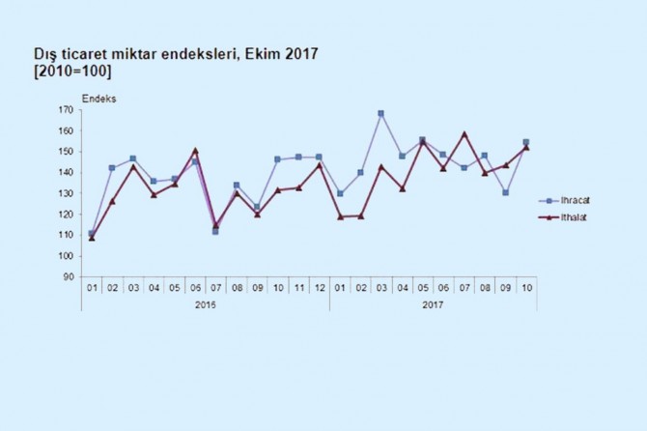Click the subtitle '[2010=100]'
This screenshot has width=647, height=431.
tap(71, 72)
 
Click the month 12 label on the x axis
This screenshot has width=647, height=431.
tap(319, 288)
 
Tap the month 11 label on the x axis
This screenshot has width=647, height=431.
tap(298, 288)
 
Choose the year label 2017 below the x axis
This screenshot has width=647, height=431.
tap(433, 304)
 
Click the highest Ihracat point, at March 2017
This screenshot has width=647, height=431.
tap(381, 114)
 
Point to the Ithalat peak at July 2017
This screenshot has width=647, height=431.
tap(464, 134)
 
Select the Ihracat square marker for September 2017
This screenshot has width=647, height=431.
tap(506, 192)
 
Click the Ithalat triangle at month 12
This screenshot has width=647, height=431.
tap(319, 165)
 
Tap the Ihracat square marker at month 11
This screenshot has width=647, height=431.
tap(298, 157)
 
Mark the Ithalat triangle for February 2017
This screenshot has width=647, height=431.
tap(360, 216)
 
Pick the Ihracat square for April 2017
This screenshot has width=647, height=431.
tap(402, 156)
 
